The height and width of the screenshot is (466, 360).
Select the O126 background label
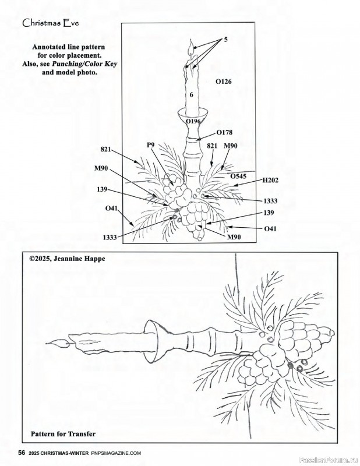223,82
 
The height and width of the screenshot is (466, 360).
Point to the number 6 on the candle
190,95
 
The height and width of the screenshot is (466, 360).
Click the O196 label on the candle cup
192,121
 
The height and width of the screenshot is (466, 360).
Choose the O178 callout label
224,132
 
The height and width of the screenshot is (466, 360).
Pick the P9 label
150,144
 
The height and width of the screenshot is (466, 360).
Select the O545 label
238,175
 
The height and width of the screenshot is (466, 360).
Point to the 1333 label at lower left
111,237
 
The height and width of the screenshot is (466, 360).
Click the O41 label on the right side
270,229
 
